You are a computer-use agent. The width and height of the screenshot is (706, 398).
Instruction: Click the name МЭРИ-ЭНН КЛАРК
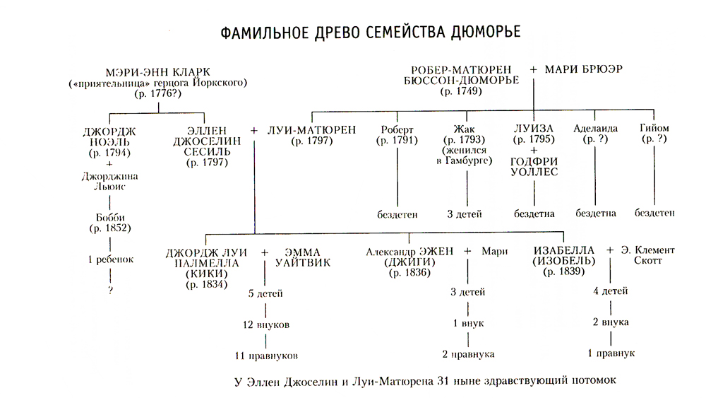pyautogui.click(x=158, y=72)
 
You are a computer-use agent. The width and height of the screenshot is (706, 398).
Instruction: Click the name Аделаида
pyautogui.click(x=595, y=130)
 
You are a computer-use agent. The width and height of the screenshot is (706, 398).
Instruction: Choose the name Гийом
pyautogui.click(x=654, y=130)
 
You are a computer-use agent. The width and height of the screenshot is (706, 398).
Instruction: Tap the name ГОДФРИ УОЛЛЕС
pyautogui.click(x=534, y=166)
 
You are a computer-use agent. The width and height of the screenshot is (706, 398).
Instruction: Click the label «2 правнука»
pyautogui.click(x=467, y=354)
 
